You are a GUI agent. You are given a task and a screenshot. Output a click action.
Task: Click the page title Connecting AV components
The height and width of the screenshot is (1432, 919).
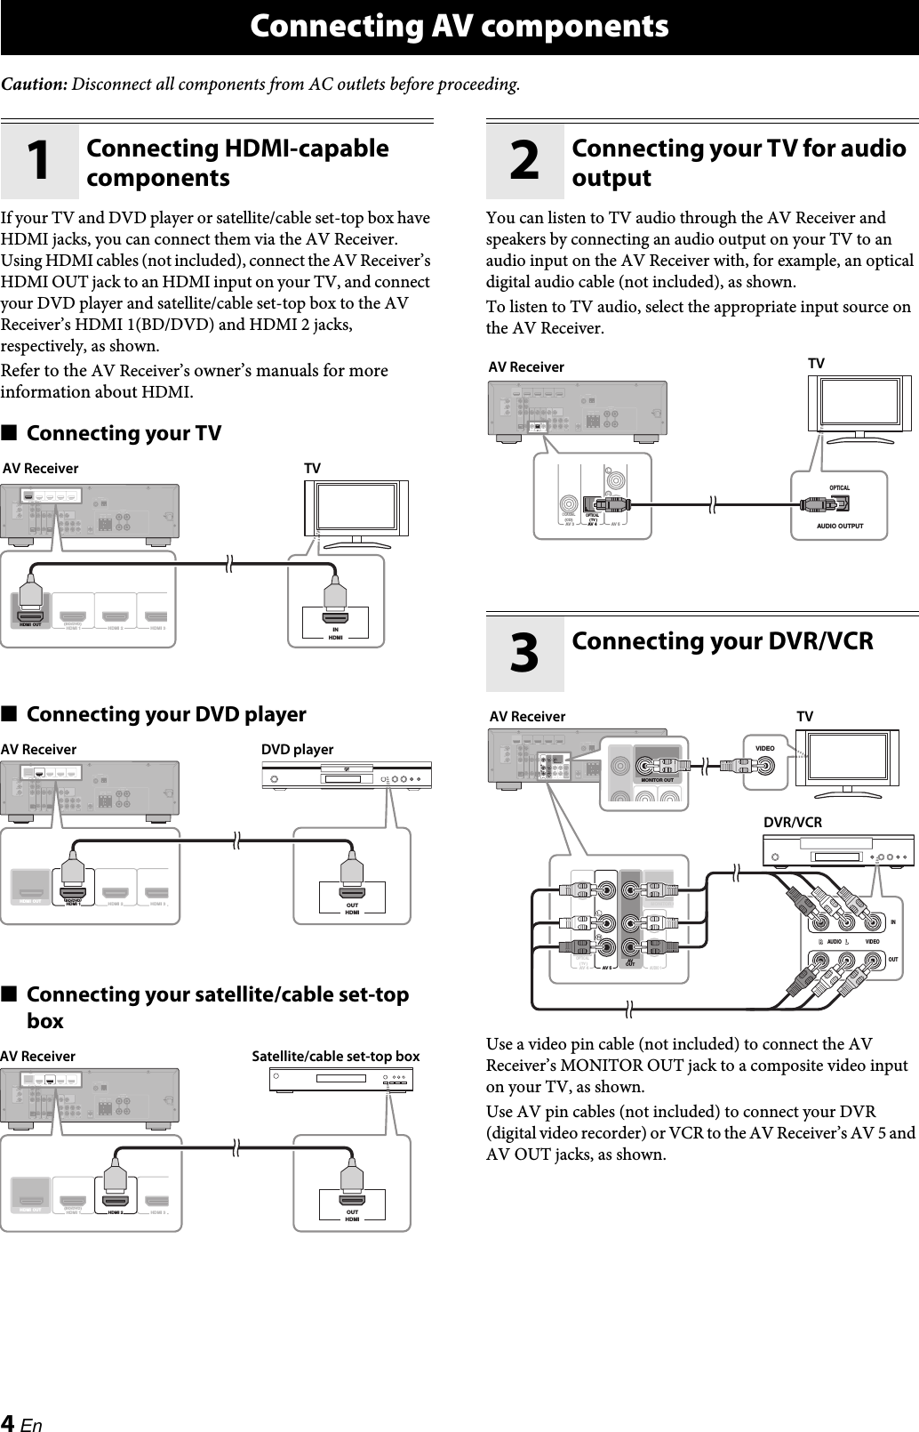click(x=459, y=27)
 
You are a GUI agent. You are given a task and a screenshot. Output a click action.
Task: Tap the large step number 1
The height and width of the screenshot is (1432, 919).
click(x=39, y=160)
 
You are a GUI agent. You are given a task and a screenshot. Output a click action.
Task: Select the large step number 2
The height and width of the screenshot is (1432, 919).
click(x=524, y=160)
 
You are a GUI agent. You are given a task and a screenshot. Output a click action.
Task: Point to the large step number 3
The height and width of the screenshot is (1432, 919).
click(x=524, y=654)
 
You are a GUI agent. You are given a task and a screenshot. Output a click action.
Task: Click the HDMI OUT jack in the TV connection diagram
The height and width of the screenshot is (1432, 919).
click(x=31, y=616)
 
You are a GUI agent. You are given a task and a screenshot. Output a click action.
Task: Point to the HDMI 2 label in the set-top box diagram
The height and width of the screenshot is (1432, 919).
click(x=121, y=1212)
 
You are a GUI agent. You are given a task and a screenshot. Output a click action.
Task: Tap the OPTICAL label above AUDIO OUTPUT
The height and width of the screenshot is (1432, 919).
click(x=839, y=488)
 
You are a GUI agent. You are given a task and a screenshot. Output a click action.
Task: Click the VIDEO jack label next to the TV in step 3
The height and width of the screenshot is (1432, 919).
click(x=764, y=748)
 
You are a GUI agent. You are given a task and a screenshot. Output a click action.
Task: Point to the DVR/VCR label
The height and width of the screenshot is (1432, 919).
click(x=793, y=823)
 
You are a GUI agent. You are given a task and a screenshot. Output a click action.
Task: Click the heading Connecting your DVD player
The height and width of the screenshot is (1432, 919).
click(x=166, y=714)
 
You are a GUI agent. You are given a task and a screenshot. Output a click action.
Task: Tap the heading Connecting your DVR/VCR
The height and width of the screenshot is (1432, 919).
click(x=722, y=640)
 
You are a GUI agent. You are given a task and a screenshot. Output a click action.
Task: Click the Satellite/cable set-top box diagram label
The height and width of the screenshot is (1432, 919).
click(x=335, y=1057)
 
